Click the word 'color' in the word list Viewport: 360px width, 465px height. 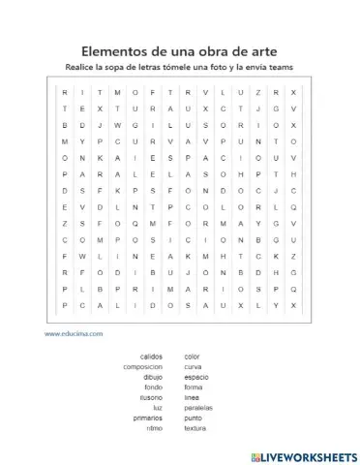tap(192, 356)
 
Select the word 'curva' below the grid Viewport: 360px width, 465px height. tap(193, 366)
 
